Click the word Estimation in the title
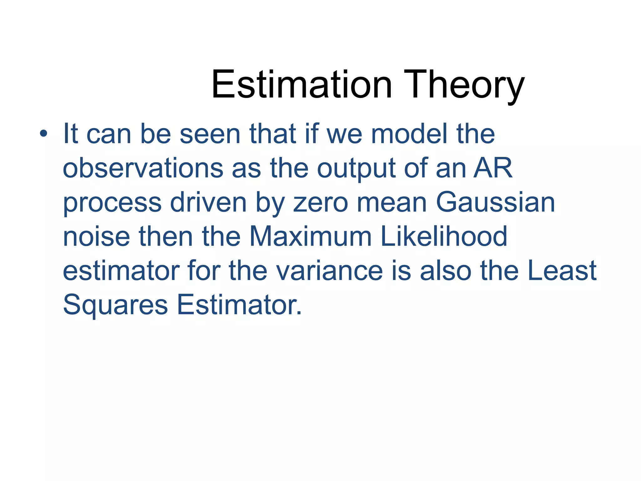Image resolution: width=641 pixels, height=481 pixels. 301,85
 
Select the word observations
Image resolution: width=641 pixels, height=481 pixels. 143,168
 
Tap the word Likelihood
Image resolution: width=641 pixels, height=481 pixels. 444,236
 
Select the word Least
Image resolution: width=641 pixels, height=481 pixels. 562,271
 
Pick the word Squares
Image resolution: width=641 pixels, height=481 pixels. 115,305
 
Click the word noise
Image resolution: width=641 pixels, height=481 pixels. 96,236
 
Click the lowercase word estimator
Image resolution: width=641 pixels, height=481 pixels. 121,271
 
